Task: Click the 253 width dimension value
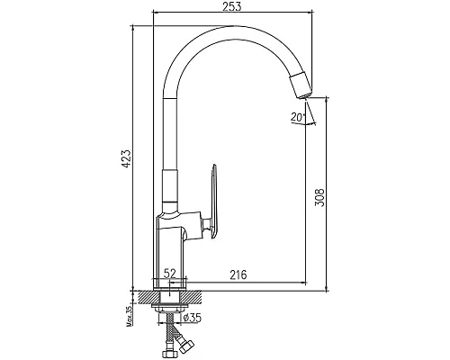pos(231,6)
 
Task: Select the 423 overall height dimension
pos(126,158)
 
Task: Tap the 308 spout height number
pos(319,197)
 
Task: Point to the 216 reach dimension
pos(238,274)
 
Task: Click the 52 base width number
pos(169,274)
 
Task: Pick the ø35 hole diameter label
pos(192,318)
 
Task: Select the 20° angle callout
pos(297,117)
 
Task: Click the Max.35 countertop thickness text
pos(130,316)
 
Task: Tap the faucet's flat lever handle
pos(212,202)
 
